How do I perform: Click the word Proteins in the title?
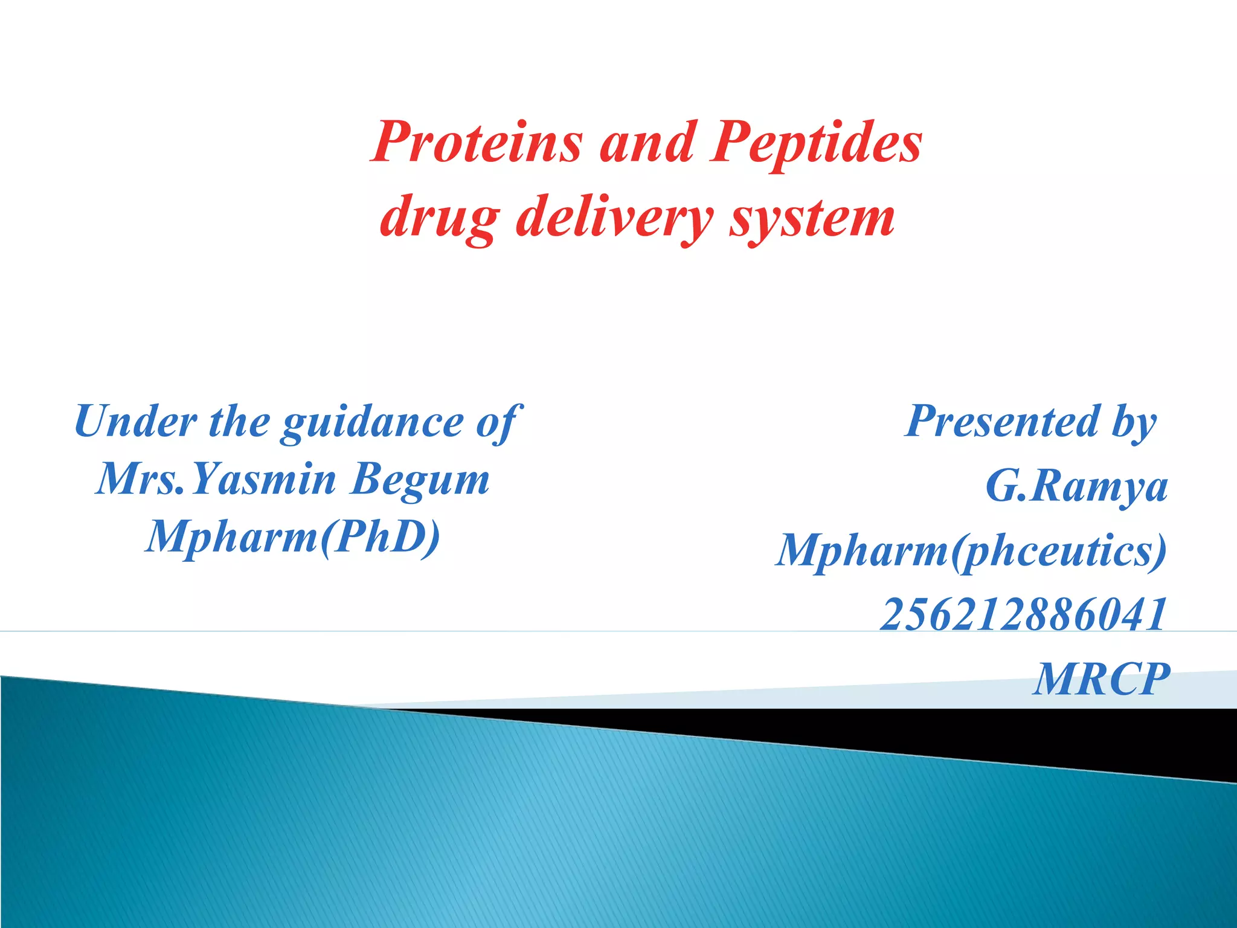477,143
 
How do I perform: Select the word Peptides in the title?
815,143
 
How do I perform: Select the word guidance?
373,421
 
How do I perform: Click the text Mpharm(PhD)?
293,536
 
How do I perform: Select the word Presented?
1003,421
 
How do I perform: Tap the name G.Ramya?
1076,486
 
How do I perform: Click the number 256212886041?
1023,615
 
